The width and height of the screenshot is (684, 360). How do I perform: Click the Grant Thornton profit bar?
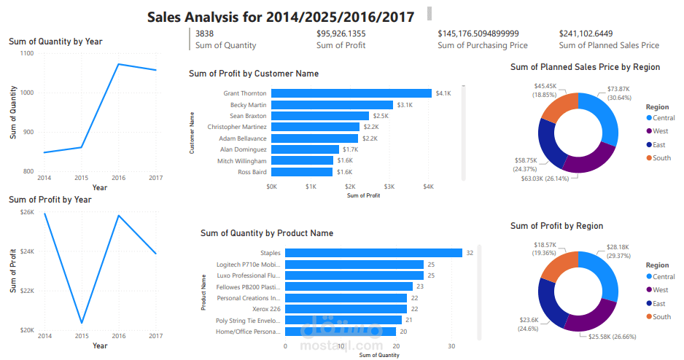tap(351, 93)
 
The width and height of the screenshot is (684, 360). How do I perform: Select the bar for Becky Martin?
tap(332, 105)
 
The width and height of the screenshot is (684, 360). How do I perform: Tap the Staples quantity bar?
tap(373, 253)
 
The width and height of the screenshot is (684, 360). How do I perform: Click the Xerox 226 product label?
tap(266, 309)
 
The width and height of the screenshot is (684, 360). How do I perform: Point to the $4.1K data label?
tap(443, 93)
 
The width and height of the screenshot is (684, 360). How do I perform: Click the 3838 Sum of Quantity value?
tap(205, 34)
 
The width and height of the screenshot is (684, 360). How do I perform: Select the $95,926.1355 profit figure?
tap(341, 34)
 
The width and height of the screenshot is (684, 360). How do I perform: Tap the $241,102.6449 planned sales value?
tap(586, 34)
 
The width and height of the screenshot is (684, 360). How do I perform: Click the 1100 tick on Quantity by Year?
tap(27, 53)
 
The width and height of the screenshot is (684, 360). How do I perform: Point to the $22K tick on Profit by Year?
tap(27, 291)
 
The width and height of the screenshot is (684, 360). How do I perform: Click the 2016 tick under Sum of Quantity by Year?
tap(118, 178)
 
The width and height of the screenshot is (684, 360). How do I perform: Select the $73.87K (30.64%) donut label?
tap(622, 93)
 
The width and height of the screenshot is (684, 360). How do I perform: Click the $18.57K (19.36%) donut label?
tap(545, 249)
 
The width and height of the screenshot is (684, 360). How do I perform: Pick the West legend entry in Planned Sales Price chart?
tap(661, 131)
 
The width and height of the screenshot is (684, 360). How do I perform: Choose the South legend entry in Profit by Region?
tap(661, 316)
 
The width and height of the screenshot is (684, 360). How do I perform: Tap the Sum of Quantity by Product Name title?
tap(267, 233)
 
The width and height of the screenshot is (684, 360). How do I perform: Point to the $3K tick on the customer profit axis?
tap(389, 187)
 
